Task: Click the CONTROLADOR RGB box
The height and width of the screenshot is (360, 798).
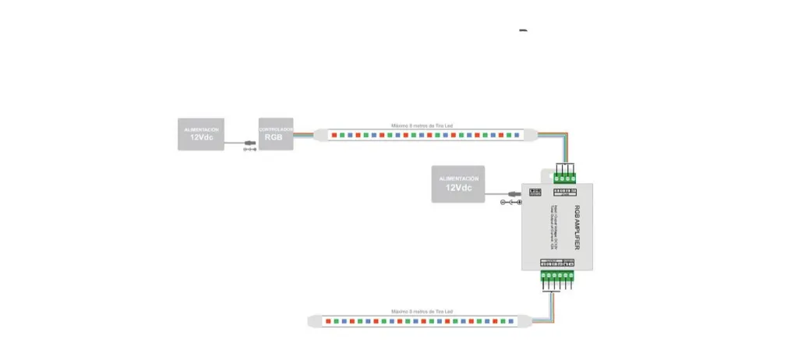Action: pyautogui.click(x=276, y=134)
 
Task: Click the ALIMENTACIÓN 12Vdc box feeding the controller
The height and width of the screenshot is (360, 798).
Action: pyautogui.click(x=200, y=134)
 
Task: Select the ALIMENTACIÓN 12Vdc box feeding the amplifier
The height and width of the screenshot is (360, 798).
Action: pyautogui.click(x=458, y=184)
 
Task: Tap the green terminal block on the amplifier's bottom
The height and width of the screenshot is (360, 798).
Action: pyautogui.click(x=558, y=277)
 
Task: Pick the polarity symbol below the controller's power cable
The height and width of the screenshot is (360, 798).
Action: pyautogui.click(x=249, y=150)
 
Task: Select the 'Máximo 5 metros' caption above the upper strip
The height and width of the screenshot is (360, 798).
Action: pyautogui.click(x=422, y=125)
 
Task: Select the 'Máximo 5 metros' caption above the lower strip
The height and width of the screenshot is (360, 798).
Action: pyautogui.click(x=422, y=312)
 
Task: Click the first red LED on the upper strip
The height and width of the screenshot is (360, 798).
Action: pyautogui.click(x=334, y=135)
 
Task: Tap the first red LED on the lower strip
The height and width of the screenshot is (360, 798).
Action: pyautogui.click(x=328, y=321)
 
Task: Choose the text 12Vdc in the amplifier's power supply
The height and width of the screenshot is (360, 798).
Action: pyautogui.click(x=458, y=189)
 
